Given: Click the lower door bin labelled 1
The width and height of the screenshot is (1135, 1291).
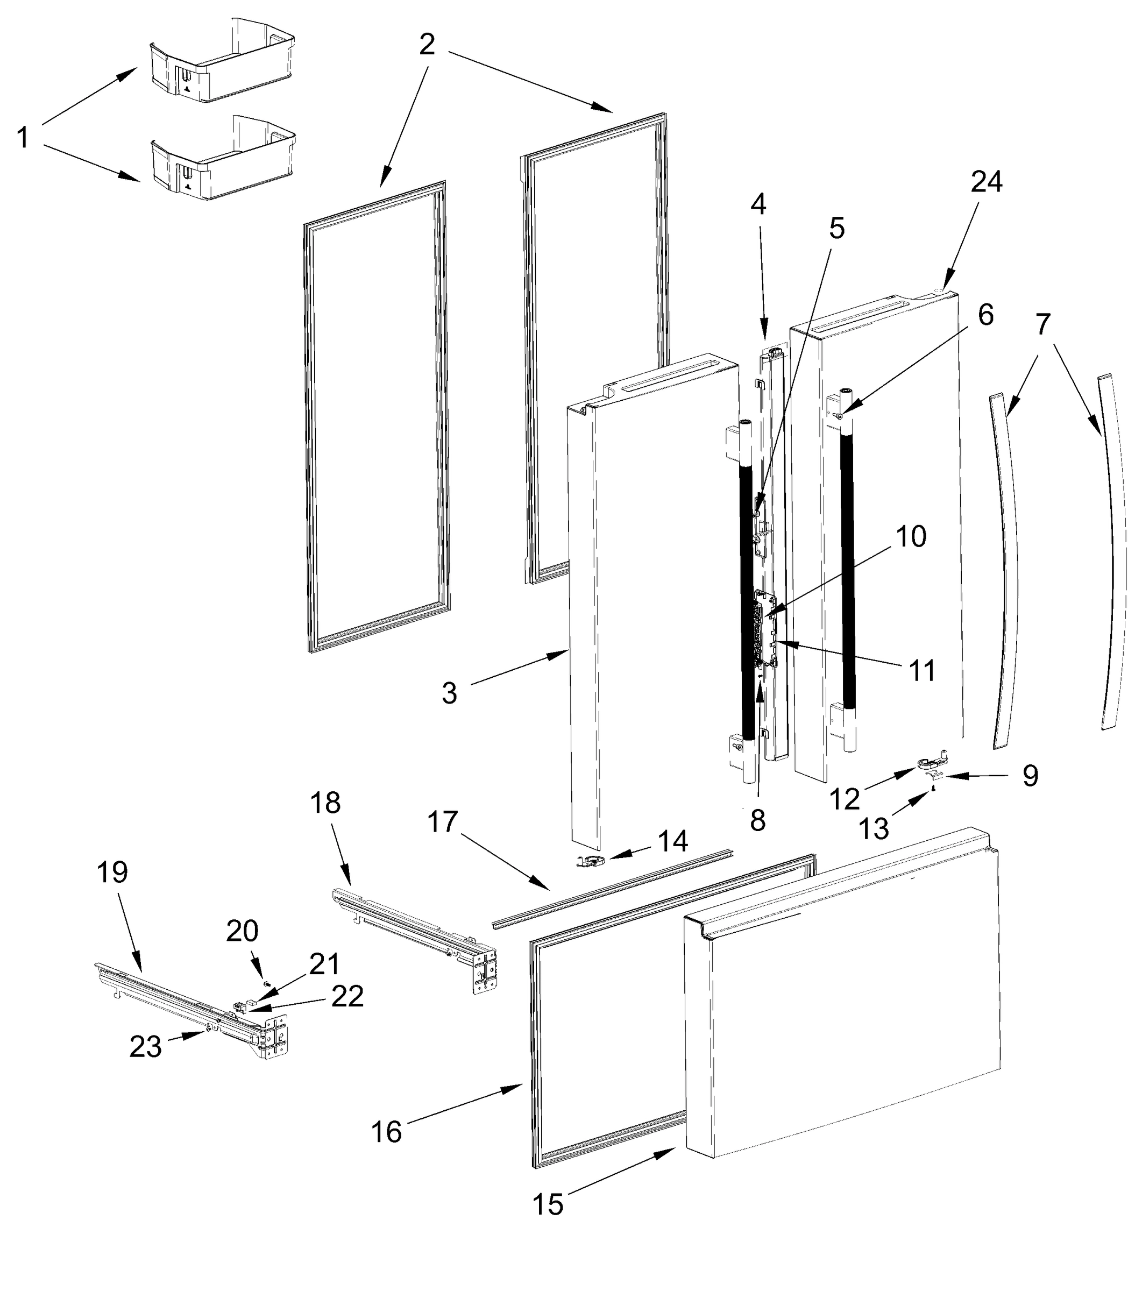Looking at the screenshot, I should [221, 160].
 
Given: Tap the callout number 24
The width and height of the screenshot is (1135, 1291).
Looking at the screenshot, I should [986, 182].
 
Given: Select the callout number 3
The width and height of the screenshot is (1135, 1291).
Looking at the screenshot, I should [449, 693].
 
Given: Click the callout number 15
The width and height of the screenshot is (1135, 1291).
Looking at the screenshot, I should [547, 1205].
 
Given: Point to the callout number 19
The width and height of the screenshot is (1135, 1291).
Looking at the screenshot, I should [112, 873].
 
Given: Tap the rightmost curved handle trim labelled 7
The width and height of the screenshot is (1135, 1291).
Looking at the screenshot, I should [1113, 550].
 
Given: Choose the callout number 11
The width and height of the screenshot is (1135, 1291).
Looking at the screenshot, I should [921, 671].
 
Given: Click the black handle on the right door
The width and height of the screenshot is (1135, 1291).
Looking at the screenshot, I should [848, 569].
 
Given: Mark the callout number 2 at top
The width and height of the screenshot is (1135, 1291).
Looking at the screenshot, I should [427, 45].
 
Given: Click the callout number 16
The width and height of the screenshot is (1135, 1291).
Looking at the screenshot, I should [386, 1132].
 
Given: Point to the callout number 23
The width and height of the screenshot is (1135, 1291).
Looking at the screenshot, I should [145, 1047].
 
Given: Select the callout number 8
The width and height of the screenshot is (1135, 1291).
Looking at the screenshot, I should [758, 821].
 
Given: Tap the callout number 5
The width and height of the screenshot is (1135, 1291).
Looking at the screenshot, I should [836, 229].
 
